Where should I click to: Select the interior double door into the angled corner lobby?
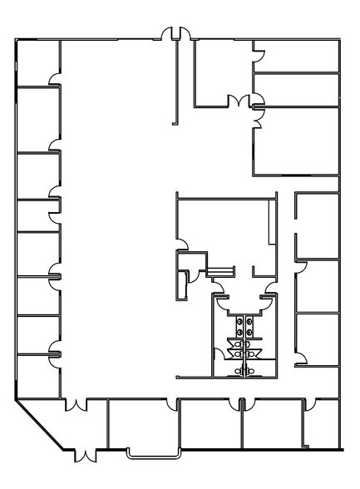click(x=76, y=405)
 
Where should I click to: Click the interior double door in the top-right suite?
click(x=241, y=101)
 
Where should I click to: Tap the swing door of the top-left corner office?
click(x=55, y=80)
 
